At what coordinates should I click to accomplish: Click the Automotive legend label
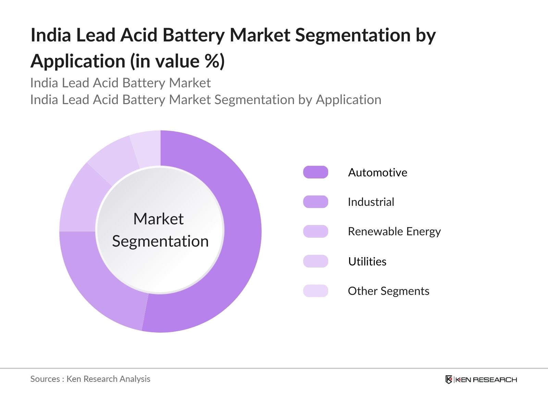pos(377,172)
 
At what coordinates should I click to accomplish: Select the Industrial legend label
pos(371,202)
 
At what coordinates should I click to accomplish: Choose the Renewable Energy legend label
pos(394,232)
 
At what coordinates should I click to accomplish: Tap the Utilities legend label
pos(367,261)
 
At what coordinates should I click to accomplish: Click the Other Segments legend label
pos(388,291)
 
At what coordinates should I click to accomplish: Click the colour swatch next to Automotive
pos(315,172)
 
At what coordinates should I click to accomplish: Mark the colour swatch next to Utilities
pos(315,261)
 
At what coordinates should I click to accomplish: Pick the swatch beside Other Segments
pos(315,291)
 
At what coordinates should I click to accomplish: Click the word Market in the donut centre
pos(159,219)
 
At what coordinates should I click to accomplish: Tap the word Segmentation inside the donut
pos(160,241)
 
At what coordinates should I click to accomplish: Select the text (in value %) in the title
pos(177,61)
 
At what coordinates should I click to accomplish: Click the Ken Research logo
pos(481,379)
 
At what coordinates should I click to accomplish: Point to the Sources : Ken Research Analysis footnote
pos(90,379)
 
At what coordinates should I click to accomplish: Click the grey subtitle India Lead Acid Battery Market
pos(120,83)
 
